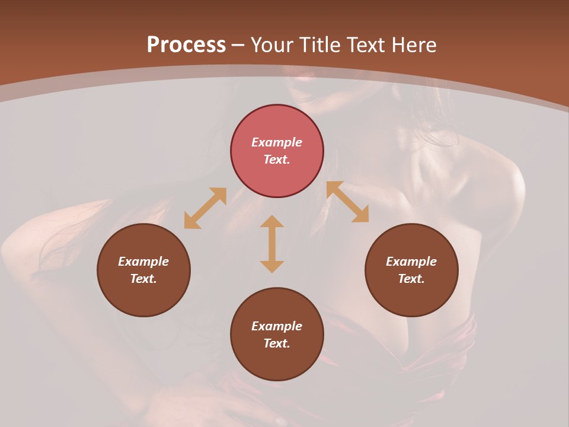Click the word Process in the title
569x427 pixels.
186,45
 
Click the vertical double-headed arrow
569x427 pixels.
272,244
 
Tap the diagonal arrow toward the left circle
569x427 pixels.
205,208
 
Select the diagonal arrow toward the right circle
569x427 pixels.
348,202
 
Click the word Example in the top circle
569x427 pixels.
277,142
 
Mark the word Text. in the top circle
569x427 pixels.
277,160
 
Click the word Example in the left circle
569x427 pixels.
143,262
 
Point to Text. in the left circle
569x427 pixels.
143,279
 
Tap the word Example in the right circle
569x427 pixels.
411,262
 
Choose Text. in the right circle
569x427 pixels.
411,279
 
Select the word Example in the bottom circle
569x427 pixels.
277,326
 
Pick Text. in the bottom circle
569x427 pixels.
277,343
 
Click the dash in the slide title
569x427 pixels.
238,46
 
